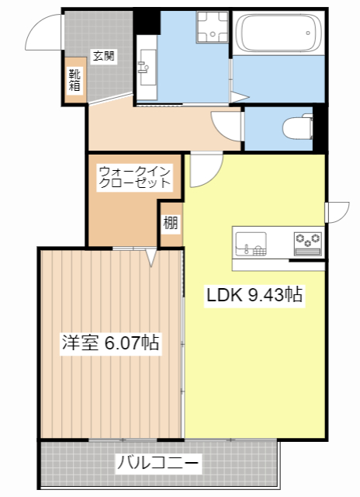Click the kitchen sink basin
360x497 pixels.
pos(251,243)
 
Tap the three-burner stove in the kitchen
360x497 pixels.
pos(307,243)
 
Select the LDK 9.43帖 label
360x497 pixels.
pos(253,295)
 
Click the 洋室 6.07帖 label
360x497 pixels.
pos(110,342)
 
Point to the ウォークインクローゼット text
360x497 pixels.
pos(134,177)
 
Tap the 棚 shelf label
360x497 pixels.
pos(170,223)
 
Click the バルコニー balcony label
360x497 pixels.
pos(158,464)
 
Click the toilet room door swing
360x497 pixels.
pos(227,124)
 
